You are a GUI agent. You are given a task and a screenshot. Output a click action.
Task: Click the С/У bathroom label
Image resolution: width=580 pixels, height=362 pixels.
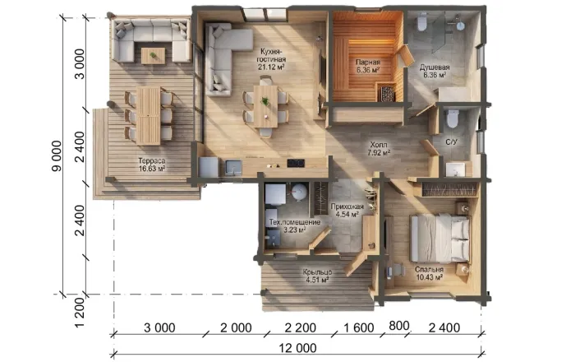pyautogui.click(x=451, y=142)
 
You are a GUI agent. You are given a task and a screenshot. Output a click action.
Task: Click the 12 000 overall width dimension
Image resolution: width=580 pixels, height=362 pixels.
pyautogui.click(x=297, y=348)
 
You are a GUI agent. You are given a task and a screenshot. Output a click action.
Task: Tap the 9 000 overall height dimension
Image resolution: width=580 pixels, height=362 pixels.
pyautogui.click(x=56, y=156)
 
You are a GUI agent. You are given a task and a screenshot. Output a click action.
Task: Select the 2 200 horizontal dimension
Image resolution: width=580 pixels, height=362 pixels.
pyautogui.click(x=301, y=327)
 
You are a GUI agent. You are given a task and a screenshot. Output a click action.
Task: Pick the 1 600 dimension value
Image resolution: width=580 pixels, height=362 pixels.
pyautogui.click(x=359, y=327)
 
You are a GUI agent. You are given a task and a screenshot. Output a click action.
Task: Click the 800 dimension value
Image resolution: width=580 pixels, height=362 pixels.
pyautogui.click(x=399, y=326)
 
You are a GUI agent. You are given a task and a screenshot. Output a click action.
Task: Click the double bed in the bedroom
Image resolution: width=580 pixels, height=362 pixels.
pyautogui.click(x=440, y=239)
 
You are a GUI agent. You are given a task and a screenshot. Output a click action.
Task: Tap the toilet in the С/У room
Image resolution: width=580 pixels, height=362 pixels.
pyautogui.click(x=453, y=118)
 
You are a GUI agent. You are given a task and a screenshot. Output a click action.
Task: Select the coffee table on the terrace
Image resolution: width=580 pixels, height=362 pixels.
pyautogui.click(x=153, y=56)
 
